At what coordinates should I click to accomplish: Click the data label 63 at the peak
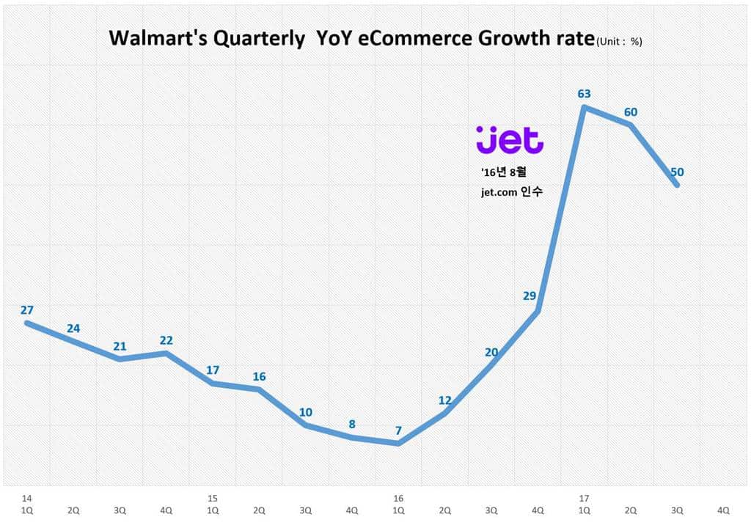(584, 93)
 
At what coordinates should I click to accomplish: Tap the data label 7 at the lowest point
(398, 430)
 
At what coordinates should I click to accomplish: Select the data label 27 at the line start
(27, 310)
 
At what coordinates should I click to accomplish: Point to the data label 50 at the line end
(677, 172)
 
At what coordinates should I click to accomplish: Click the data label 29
(530, 296)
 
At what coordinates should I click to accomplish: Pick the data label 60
(630, 111)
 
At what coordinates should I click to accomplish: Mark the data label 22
(166, 340)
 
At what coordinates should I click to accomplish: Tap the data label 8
(352, 424)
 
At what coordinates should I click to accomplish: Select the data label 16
(259, 376)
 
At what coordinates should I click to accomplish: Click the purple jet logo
(509, 139)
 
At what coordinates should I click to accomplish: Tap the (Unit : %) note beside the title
(619, 42)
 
